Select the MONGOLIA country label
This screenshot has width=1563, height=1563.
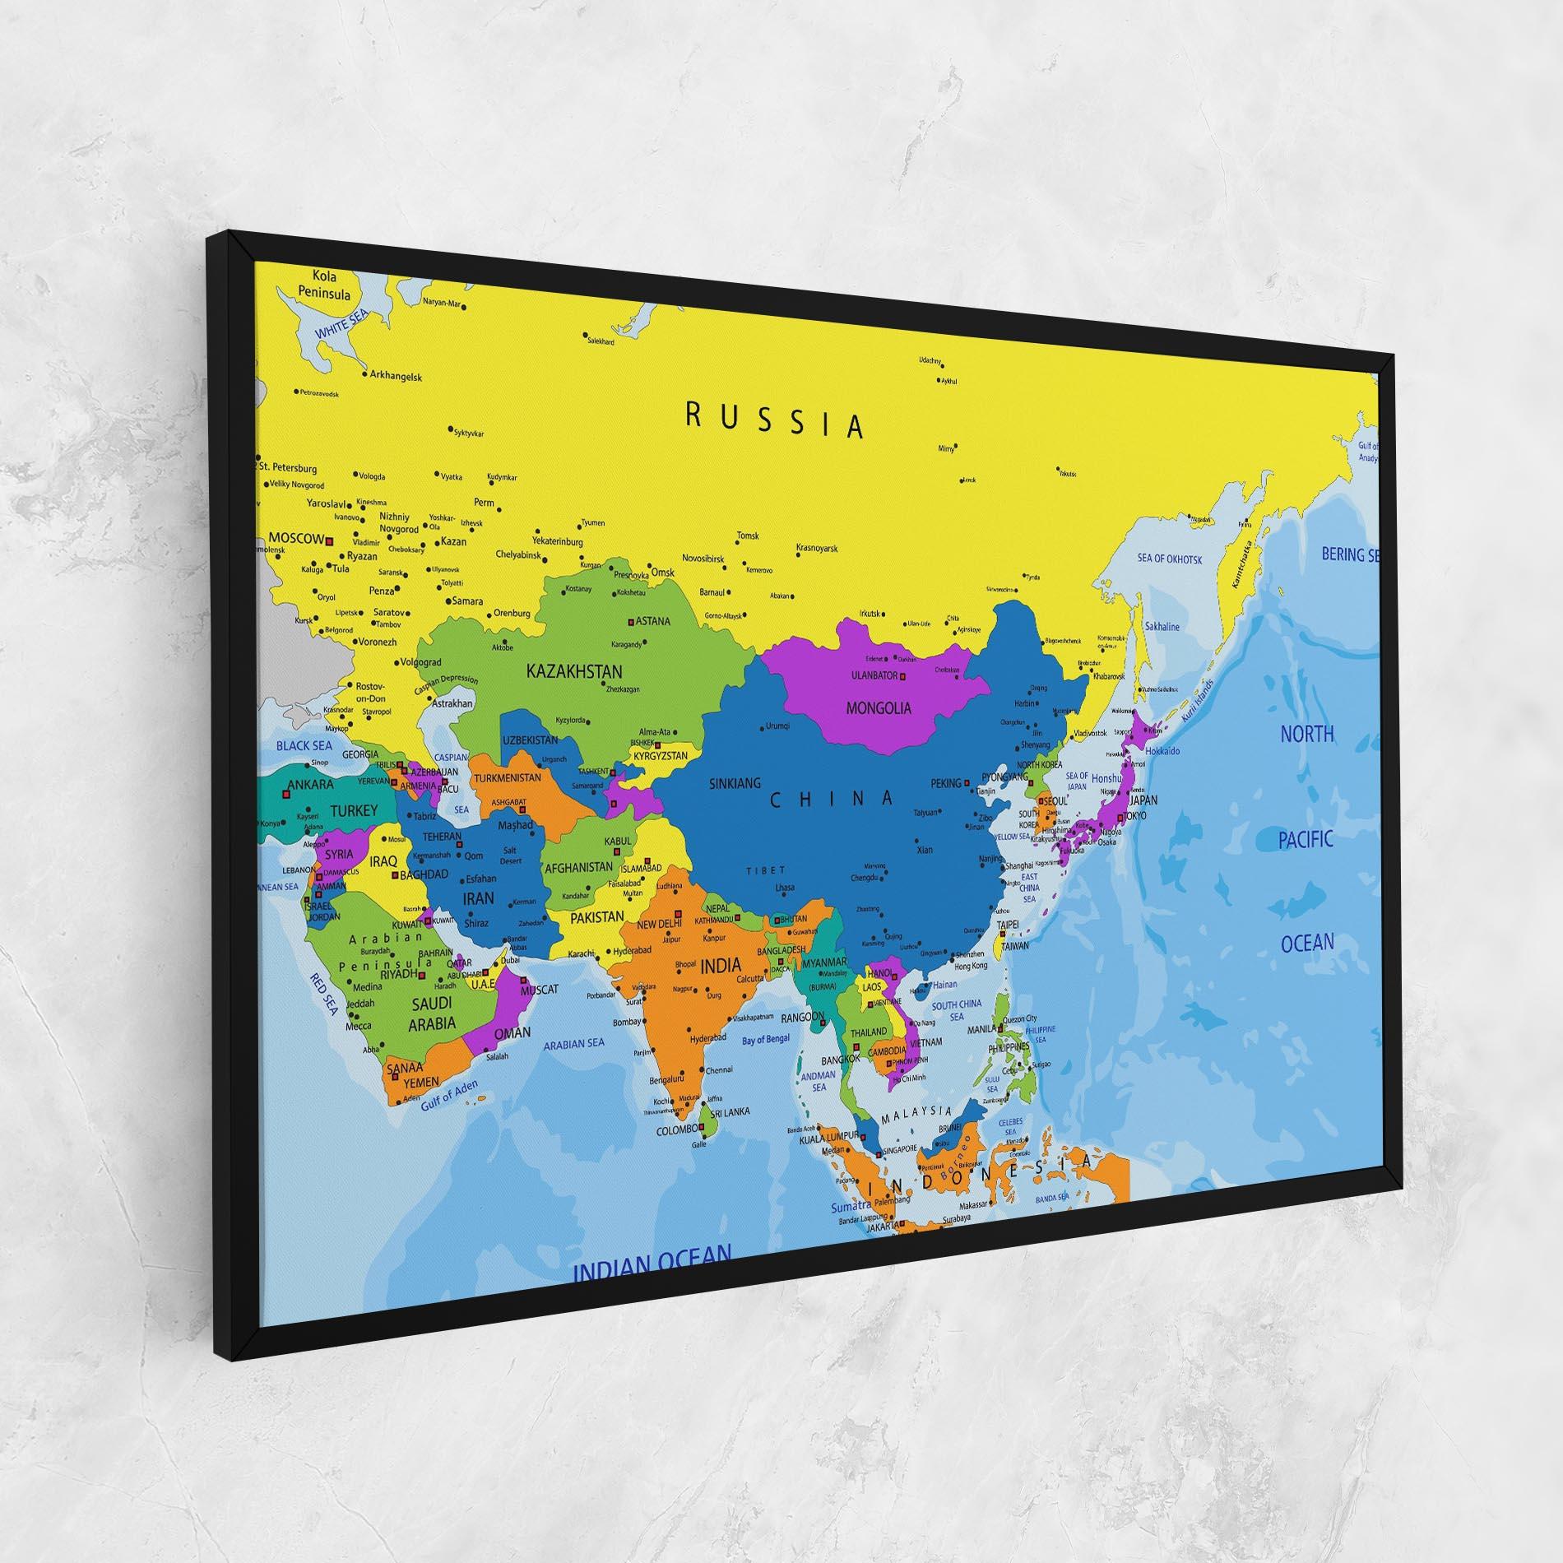[x=879, y=707]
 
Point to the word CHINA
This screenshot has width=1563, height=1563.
[x=832, y=799]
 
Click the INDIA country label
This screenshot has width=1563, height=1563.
[x=720, y=965]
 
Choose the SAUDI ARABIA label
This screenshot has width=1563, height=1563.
[x=433, y=1013]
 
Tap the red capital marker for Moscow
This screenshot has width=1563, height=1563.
[x=329, y=540]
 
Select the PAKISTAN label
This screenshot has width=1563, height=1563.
[x=597, y=916]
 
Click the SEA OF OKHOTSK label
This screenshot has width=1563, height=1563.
[x=1170, y=559]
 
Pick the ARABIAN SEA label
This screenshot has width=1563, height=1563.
[x=574, y=1043]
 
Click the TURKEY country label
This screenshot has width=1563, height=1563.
[x=354, y=811]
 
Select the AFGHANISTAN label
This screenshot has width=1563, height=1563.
[x=579, y=866]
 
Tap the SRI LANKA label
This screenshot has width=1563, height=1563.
[x=730, y=1111]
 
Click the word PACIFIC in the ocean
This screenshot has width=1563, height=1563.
[x=1306, y=840]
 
